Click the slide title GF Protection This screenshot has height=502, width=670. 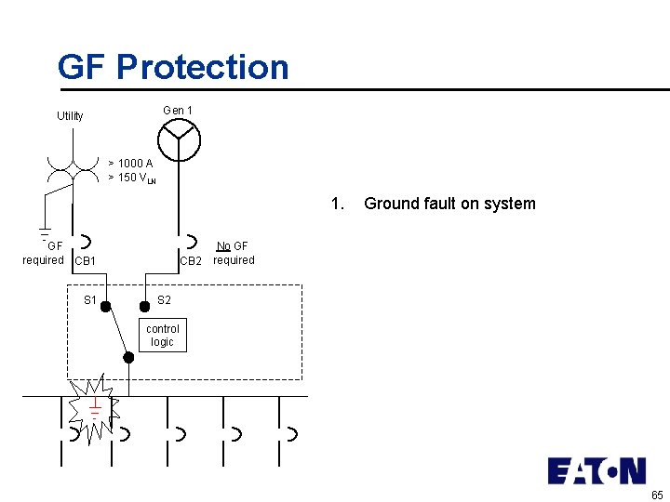click(x=173, y=67)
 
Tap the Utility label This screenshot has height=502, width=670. click(x=70, y=116)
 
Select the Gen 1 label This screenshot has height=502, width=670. click(x=178, y=111)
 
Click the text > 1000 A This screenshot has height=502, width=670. click(x=130, y=163)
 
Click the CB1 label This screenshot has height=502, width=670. click(x=85, y=261)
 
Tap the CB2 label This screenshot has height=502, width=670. click(x=191, y=261)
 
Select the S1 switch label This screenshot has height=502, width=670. click(x=90, y=299)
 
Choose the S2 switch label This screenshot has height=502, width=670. click(x=164, y=299)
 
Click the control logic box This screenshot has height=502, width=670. click(x=163, y=336)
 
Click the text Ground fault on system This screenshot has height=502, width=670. click(x=449, y=204)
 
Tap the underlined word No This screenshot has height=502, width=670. click(x=223, y=246)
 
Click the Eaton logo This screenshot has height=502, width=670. click(x=596, y=470)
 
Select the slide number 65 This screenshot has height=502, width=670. click(x=657, y=494)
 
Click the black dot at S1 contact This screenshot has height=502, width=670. click(x=106, y=305)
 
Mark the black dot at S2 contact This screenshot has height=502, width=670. click(x=144, y=305)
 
